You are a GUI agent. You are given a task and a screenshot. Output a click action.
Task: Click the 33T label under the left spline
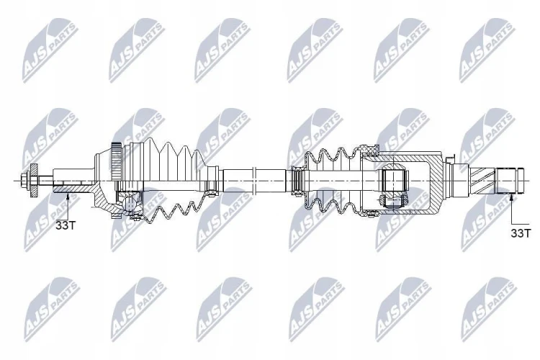[66, 225]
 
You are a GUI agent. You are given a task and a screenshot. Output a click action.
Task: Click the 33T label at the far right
[521, 233]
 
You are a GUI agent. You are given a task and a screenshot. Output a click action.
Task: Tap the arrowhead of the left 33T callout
[68, 196]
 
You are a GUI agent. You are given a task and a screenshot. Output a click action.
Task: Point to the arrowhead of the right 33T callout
[511, 197]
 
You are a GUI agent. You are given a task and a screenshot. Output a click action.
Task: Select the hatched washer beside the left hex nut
[34, 181]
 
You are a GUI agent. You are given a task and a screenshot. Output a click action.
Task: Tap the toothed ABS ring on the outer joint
[116, 161]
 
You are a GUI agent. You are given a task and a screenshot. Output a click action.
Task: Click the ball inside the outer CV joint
[130, 204]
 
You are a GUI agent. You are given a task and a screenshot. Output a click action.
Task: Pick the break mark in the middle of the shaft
[255, 181]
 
